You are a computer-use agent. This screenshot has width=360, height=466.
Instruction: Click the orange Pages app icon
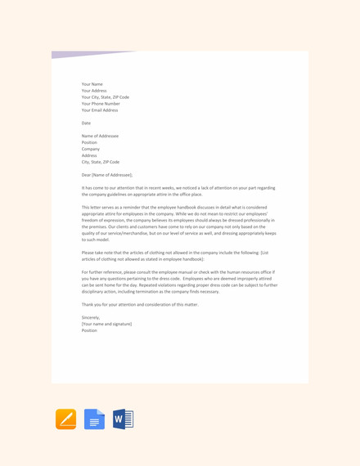[x=65, y=419]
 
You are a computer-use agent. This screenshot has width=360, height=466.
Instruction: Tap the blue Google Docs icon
[x=94, y=419]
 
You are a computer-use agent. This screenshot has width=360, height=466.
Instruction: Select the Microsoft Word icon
[x=123, y=419]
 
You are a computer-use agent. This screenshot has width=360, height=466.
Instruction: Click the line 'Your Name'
[x=92, y=84]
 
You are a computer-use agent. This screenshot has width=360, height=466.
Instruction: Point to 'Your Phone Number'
[x=101, y=104]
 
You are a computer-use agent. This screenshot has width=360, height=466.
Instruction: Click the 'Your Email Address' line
[x=100, y=110]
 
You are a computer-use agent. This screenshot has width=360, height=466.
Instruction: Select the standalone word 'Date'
[x=86, y=123]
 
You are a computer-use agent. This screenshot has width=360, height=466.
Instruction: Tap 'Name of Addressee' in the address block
[x=100, y=136]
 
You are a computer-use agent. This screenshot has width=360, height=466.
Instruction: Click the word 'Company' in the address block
[x=91, y=149]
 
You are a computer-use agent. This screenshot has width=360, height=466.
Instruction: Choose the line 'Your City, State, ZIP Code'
[x=106, y=97]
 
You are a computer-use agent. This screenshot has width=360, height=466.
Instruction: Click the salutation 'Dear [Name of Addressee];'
[x=107, y=175]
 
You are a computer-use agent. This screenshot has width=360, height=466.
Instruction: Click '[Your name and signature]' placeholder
[x=106, y=324]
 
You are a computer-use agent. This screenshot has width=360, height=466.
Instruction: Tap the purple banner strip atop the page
[x=90, y=55]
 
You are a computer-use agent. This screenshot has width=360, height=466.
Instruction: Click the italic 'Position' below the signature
[x=89, y=330]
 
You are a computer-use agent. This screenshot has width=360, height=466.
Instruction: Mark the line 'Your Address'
[x=94, y=91]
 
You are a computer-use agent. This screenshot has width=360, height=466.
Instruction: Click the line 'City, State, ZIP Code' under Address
[x=101, y=162]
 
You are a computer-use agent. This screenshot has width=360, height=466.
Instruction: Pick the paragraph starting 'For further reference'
[x=179, y=281]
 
